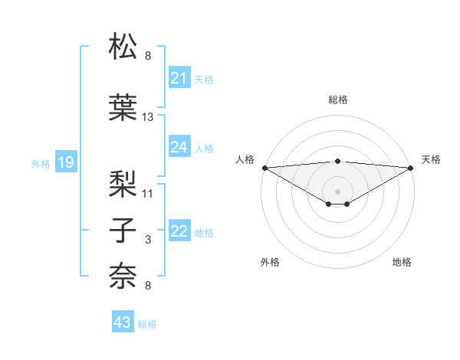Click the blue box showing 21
pyautogui.click(x=179, y=78)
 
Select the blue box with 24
pyautogui.click(x=179, y=147)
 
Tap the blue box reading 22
pyautogui.click(x=179, y=231)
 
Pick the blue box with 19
pyautogui.click(x=65, y=162)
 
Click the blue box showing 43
pyautogui.click(x=123, y=322)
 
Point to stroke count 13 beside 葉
pyautogui.click(x=148, y=117)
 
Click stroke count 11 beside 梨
pyautogui.click(x=148, y=192)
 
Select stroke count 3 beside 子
pyautogui.click(x=148, y=240)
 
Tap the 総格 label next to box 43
pyautogui.click(x=147, y=324)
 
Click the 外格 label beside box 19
pyautogui.click(x=41, y=163)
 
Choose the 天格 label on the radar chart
pyautogui.click(x=432, y=159)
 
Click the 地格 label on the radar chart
pyautogui.click(x=402, y=262)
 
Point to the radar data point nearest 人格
pyautogui.click(x=264, y=168)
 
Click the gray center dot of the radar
pyautogui.click(x=337, y=191)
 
